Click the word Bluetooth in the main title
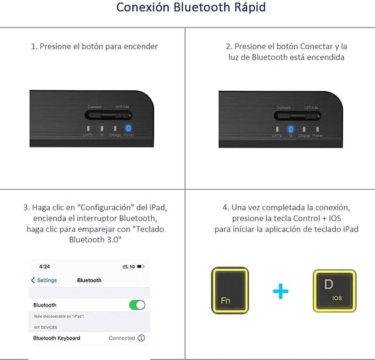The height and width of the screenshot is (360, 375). pyautogui.click(x=197, y=8)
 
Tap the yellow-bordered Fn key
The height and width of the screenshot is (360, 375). pyautogui.click(x=230, y=290)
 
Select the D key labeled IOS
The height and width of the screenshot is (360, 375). pyautogui.click(x=334, y=290)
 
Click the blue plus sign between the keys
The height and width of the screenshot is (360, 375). pyautogui.click(x=281, y=291)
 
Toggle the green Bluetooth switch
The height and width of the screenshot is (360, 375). pyautogui.click(x=137, y=305)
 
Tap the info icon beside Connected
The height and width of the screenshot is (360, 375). pyautogui.click(x=141, y=338)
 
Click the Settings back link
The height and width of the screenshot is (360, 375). pyautogui.click(x=44, y=280)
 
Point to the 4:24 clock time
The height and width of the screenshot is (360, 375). pyautogui.click(x=45, y=266)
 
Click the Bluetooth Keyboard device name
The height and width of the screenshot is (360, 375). pyautogui.click(x=57, y=338)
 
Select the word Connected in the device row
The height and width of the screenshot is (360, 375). pyautogui.click(x=122, y=338)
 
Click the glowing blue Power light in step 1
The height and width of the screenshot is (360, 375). pyautogui.click(x=128, y=128)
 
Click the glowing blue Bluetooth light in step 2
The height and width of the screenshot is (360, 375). pyautogui.click(x=290, y=129)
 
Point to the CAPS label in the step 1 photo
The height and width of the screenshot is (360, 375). pyautogui.click(x=87, y=136)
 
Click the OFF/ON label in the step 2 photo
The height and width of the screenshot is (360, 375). pyautogui.click(x=311, y=108)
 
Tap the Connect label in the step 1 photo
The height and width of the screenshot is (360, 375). pyautogui.click(x=94, y=107)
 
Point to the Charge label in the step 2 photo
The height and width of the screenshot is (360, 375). pyautogui.click(x=304, y=136)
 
